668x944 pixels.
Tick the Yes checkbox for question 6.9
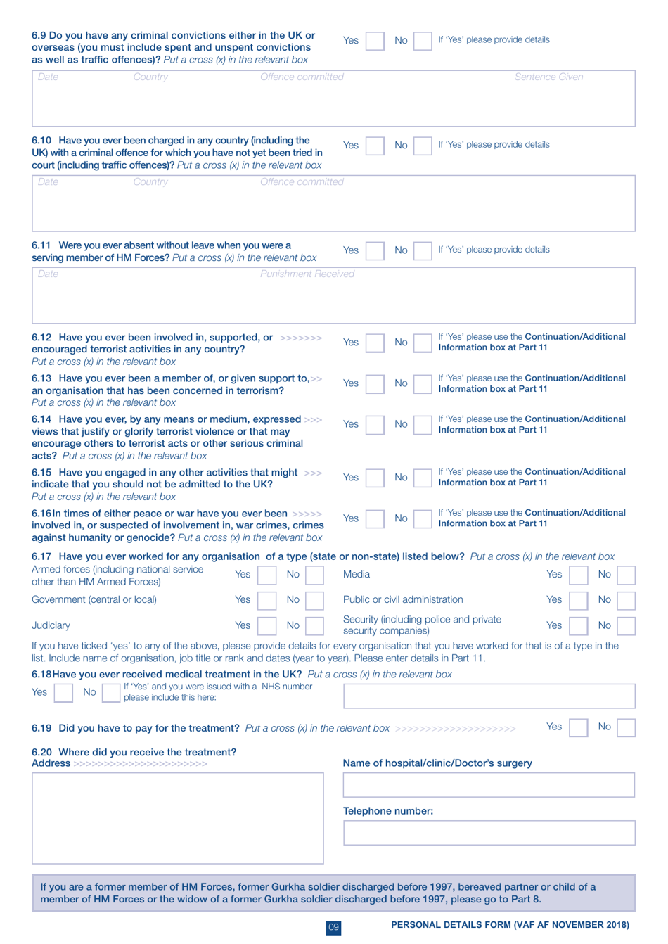pyautogui.click(x=375, y=41)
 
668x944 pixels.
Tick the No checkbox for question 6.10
pyautogui.click(x=423, y=146)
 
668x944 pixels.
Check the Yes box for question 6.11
pyautogui.click(x=375, y=250)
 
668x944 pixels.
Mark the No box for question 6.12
pyautogui.click(x=423, y=343)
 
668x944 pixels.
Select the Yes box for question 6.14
pyautogui.click(x=375, y=424)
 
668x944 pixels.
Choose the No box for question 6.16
pyautogui.click(x=423, y=518)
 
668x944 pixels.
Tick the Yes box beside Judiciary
pyautogui.click(x=266, y=625)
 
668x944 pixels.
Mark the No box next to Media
pyautogui.click(x=626, y=575)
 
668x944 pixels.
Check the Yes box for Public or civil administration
pyautogui.click(x=578, y=600)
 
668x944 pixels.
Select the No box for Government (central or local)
pyautogui.click(x=314, y=600)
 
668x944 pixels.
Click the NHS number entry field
pyautogui.click(x=489, y=696)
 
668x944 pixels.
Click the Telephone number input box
pyautogui.click(x=489, y=833)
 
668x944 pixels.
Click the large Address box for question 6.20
pyautogui.click(x=178, y=817)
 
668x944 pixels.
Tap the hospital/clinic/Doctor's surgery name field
pyautogui.click(x=489, y=785)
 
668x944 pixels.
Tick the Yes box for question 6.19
pyautogui.click(x=578, y=727)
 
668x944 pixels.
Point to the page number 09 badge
pyautogui.click(x=334, y=927)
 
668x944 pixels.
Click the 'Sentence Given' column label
pyautogui.click(x=548, y=77)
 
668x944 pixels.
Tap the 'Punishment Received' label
pyautogui.click(x=307, y=274)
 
